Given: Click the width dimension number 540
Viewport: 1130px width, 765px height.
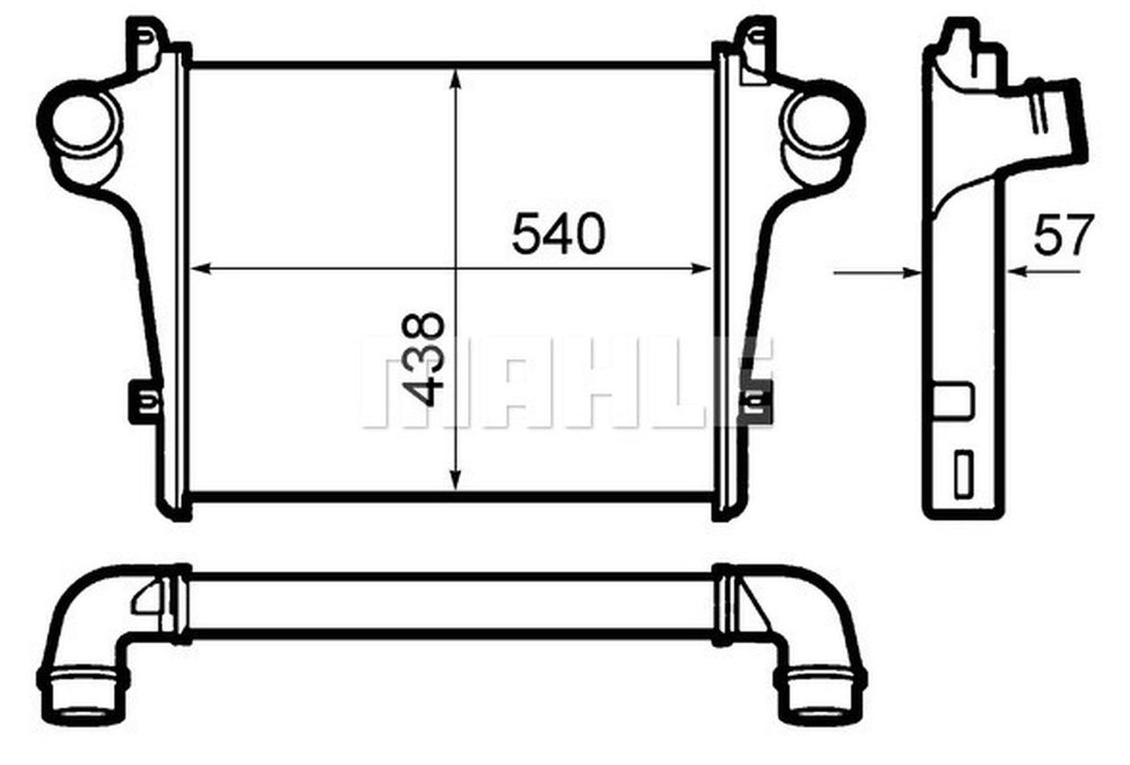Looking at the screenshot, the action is pyautogui.click(x=559, y=234).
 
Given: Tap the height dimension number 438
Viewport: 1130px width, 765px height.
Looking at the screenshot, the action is pyautogui.click(x=423, y=359).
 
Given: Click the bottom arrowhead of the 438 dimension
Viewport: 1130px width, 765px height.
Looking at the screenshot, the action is pyautogui.click(x=456, y=480).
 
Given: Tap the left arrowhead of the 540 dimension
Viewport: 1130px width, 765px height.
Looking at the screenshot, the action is pyautogui.click(x=200, y=269).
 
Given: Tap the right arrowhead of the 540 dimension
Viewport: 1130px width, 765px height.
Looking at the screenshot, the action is pyautogui.click(x=701, y=269).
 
